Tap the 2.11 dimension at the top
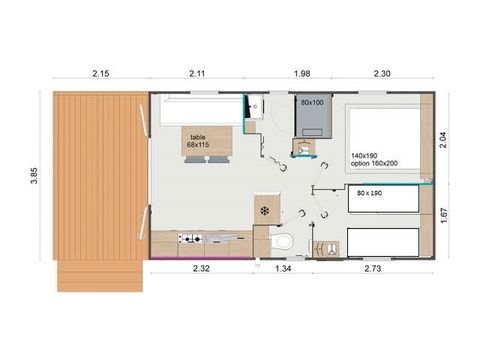[197, 74]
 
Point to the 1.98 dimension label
[302, 74]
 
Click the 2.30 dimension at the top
[385, 74]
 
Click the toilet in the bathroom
[285, 242]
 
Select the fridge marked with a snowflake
[264, 211]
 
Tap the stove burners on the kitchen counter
[190, 239]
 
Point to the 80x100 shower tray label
[312, 102]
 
